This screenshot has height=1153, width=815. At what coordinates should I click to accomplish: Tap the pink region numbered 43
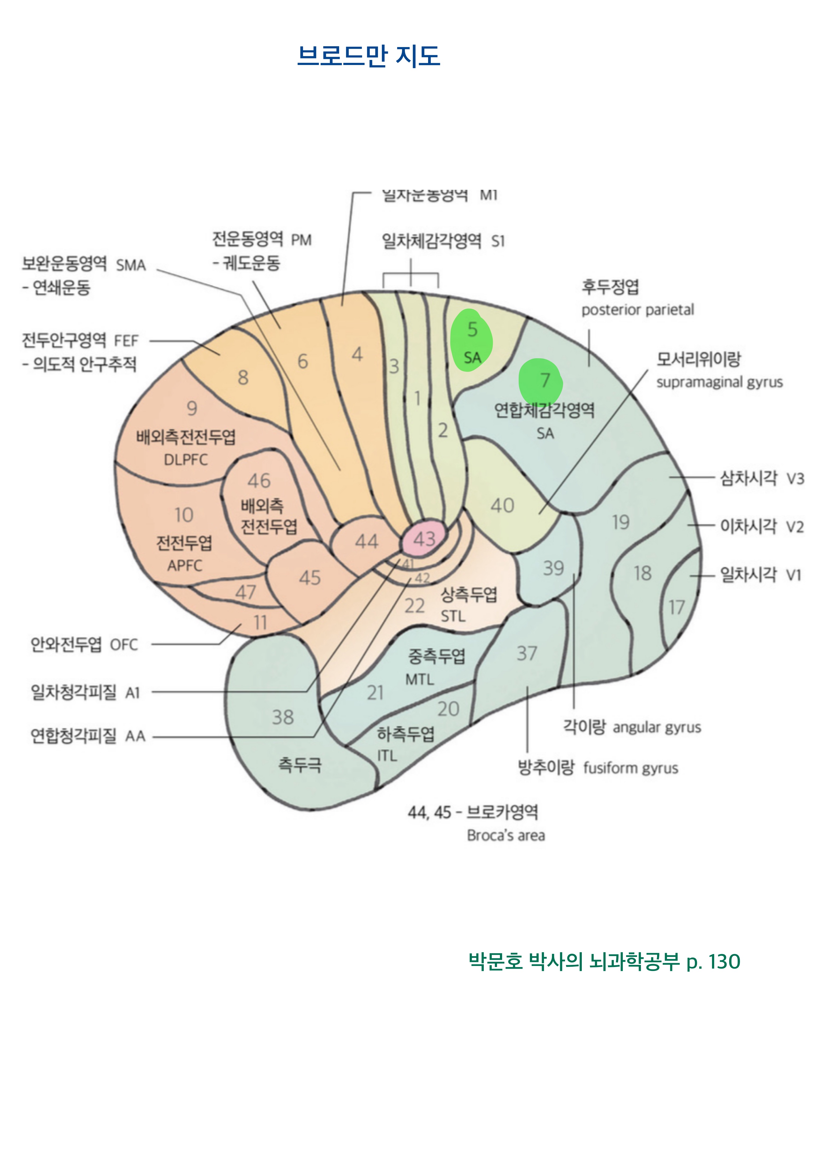[424, 539]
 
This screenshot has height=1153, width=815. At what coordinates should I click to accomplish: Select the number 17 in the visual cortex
[677, 608]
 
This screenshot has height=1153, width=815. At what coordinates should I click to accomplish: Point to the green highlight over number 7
[541, 382]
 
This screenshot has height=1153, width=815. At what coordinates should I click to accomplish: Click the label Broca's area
[505, 835]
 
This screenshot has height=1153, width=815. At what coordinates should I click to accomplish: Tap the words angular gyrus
[657, 727]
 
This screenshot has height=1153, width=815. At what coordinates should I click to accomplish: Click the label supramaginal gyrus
[719, 382]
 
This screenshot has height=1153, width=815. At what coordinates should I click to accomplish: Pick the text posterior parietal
[637, 310]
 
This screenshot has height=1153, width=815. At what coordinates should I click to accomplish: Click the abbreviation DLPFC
[186, 459]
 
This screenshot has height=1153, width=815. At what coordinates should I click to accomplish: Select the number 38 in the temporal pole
[283, 717]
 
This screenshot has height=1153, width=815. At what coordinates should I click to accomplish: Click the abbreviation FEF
[126, 341]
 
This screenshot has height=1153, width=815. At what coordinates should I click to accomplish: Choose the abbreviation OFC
[123, 645]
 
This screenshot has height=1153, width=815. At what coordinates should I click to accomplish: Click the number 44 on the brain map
[366, 541]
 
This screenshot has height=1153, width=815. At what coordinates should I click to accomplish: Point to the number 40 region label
[502, 505]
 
